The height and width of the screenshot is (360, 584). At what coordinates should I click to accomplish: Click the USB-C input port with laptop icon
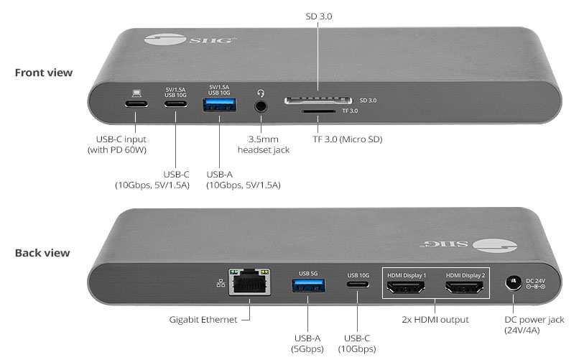[136, 104]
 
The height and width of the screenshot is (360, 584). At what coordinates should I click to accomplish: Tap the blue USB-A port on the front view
[219, 105]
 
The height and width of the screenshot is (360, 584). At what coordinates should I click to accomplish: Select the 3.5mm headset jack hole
[261, 106]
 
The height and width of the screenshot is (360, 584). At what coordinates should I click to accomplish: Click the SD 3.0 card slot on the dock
[318, 101]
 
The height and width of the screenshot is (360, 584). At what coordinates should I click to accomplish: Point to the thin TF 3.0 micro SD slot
[319, 111]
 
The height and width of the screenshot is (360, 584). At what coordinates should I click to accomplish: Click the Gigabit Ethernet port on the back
[249, 282]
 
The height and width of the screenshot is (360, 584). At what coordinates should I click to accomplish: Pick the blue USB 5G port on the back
[308, 285]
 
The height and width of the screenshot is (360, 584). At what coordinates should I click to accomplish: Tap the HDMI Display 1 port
[406, 287]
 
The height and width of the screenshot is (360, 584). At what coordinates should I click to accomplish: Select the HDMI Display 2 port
[465, 287]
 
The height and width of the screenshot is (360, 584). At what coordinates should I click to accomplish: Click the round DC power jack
[514, 283]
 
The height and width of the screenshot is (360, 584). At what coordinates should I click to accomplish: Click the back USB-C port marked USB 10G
[358, 285]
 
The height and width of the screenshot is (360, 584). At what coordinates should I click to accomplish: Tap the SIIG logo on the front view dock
[190, 39]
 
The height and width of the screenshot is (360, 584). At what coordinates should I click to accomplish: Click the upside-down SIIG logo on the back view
[468, 245]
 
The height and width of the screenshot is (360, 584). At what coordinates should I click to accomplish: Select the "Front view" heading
[44, 73]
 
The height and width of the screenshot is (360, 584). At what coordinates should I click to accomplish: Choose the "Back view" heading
[42, 253]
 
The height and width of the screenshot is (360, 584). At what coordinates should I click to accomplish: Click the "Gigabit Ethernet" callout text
[203, 320]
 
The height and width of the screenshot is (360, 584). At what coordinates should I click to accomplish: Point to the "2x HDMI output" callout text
[435, 320]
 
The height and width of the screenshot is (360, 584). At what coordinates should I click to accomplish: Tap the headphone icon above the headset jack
[261, 93]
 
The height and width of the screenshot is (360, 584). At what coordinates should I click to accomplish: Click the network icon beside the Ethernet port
[221, 283]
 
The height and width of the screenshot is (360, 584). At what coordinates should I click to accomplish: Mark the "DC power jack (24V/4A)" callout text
[534, 325]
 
